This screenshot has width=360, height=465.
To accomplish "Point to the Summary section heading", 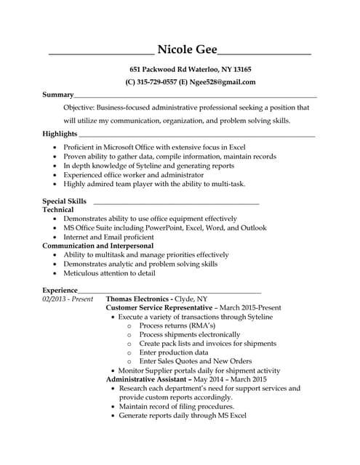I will (57, 94).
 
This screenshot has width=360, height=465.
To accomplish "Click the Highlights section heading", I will (60, 134).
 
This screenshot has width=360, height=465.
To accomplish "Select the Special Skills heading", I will (64, 201).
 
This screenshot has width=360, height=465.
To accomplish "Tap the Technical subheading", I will (57, 209).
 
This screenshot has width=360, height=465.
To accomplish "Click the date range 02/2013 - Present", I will (68, 299).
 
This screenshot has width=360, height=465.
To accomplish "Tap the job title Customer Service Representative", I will (159, 308).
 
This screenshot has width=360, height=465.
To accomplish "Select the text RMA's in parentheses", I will (199, 325).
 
